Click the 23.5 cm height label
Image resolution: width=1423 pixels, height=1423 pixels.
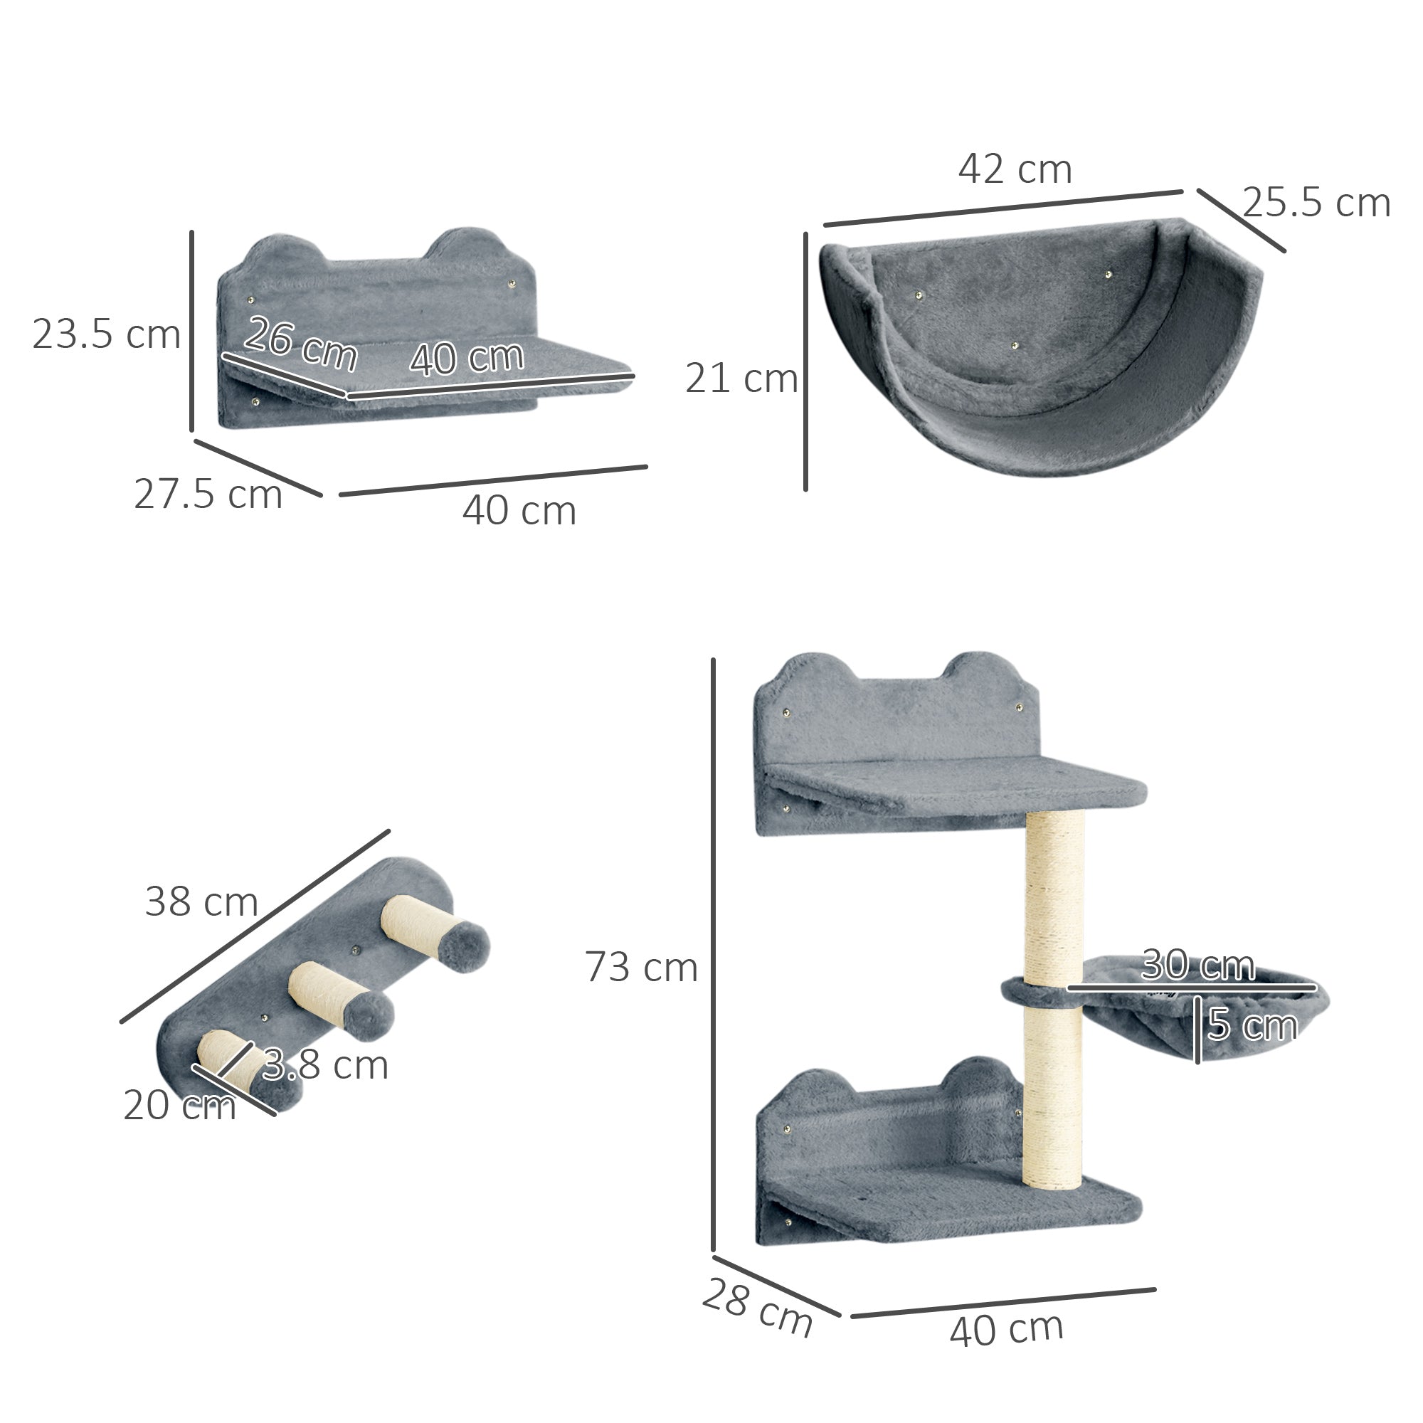107,334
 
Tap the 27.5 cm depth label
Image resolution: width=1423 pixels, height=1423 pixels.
208,494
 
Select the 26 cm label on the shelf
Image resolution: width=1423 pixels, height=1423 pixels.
300,343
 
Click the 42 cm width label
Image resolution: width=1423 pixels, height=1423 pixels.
1015,169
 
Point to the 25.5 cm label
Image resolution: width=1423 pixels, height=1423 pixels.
1316,203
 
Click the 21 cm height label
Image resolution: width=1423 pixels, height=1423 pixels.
741,379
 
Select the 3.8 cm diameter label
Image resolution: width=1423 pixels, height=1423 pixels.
326,1065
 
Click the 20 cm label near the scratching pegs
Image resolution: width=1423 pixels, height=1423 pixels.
179,1106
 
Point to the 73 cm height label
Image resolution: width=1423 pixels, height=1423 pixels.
642,967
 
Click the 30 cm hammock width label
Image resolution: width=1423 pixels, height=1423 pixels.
1198,965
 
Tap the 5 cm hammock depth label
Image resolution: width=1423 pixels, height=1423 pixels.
1252,1025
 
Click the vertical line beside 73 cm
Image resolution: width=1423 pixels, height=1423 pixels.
713,958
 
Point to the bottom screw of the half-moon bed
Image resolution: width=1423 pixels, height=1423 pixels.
1015,344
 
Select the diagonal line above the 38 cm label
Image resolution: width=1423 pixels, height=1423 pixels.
254,926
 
